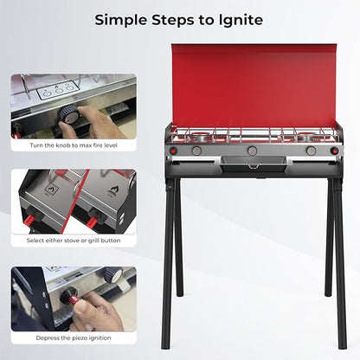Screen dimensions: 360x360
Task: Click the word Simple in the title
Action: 121,21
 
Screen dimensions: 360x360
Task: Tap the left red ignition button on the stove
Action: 174,151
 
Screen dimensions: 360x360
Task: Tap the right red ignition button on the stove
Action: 334,151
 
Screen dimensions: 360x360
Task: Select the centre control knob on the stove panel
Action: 252,150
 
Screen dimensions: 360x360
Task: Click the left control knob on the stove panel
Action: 196,150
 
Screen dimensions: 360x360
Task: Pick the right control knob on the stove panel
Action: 312,150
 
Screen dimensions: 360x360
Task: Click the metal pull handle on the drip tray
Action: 253,166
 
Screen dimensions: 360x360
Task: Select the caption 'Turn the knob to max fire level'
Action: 74,145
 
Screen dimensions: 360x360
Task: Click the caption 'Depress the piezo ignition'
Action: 74,337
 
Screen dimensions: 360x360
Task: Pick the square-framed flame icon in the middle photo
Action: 51,190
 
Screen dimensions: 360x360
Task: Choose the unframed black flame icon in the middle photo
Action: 113,190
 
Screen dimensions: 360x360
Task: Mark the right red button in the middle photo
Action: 93,222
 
